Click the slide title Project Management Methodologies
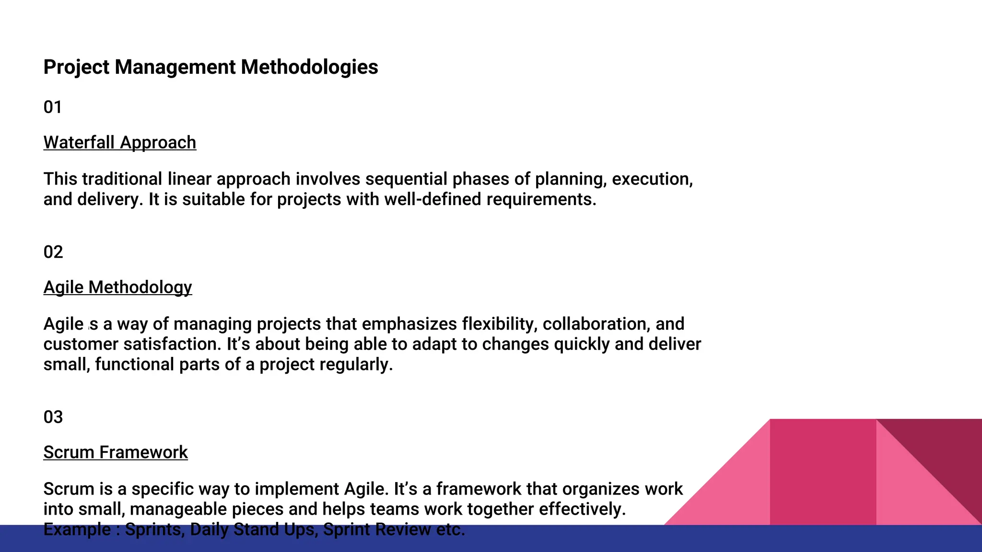tap(210, 67)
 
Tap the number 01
tap(53, 107)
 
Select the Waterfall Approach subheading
tap(120, 142)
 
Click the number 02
tap(53, 252)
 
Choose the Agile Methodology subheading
tap(117, 287)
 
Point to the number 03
tap(53, 417)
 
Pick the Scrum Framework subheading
tap(116, 452)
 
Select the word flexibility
tap(499, 324)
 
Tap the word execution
tap(652, 179)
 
